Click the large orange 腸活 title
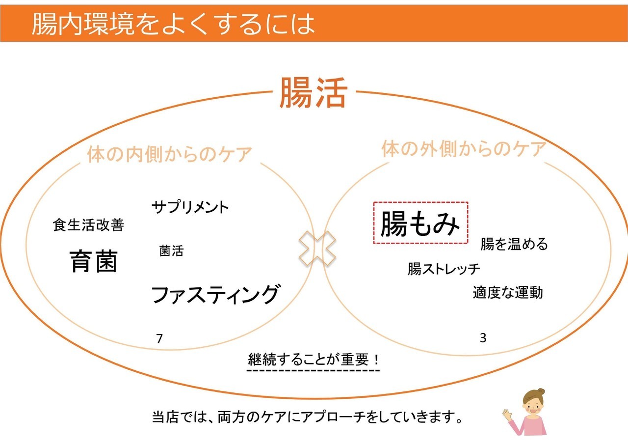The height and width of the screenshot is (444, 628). coord(314,93)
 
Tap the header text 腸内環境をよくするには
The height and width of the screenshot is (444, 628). coord(173,24)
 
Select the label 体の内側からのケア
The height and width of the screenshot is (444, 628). coord(170,154)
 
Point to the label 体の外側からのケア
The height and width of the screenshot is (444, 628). coord(464,148)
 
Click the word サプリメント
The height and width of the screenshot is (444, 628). coord(190,207)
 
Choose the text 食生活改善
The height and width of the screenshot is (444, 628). coord(88,225)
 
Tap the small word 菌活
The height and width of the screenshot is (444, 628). coord(171,250)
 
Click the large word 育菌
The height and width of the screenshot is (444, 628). coord(93,261)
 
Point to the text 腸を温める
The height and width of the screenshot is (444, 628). coord(514,244)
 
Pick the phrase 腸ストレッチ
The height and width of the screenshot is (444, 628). coord(444,269)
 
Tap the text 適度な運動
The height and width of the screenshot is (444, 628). coord(508,292)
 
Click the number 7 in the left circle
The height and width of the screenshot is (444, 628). coord(159,339)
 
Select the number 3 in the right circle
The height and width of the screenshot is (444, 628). coord(483,338)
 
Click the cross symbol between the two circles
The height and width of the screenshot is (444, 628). coord(317,249)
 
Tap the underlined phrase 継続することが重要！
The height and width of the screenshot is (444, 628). coord(314,360)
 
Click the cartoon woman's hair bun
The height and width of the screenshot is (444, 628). coord(541,391)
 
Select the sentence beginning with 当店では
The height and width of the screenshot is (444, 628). coord(307,417)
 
